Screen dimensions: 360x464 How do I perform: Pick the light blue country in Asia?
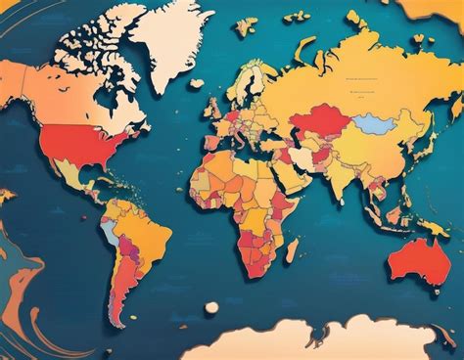(373, 124)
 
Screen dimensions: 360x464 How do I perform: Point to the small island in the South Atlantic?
(210, 308)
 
